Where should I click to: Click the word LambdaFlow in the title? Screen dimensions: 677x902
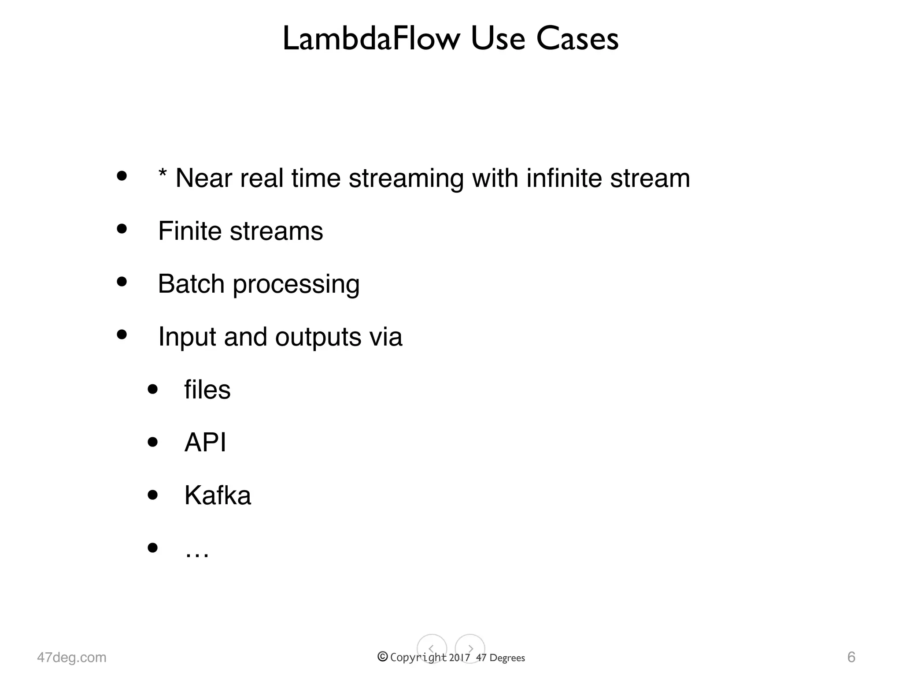coord(371,39)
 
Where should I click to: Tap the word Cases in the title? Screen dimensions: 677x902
coord(577,39)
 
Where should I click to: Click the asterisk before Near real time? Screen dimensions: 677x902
coord(163,174)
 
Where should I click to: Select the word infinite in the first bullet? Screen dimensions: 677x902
coord(564,178)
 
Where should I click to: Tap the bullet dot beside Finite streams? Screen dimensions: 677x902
coord(122,229)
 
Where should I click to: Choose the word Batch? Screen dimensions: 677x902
coord(191,283)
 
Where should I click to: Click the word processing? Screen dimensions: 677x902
coord(296,285)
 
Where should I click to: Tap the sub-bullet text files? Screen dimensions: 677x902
coord(207,390)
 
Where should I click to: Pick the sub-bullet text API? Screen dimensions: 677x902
coord(205,442)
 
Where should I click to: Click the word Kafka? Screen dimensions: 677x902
coord(218,495)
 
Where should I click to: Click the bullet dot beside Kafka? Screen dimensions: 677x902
coord(153,495)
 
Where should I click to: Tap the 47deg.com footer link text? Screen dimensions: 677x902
coord(72,657)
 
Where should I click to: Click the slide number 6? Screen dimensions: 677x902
coord(851,657)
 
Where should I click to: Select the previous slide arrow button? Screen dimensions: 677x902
coord(432,649)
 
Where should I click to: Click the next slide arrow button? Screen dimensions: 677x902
coord(470,649)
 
